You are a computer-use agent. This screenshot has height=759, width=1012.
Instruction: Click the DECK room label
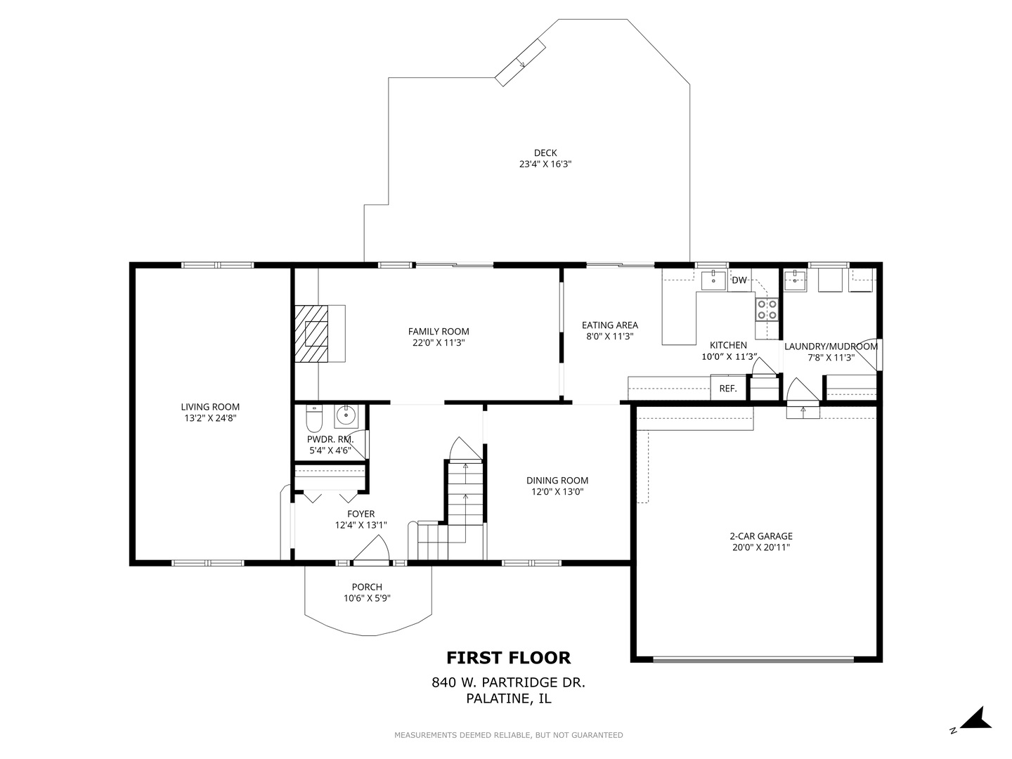(x=545, y=153)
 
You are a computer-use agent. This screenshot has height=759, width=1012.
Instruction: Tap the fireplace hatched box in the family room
(x=311, y=333)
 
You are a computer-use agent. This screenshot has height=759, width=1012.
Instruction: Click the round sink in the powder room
(x=346, y=416)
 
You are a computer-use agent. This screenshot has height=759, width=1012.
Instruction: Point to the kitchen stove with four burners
(x=766, y=309)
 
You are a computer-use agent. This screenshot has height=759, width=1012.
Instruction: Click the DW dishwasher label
(x=739, y=280)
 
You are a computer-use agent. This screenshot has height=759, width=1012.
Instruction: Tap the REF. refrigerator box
(x=727, y=388)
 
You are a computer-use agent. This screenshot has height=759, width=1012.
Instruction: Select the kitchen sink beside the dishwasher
(x=714, y=279)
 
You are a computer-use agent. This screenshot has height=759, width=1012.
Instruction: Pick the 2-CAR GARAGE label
(x=760, y=536)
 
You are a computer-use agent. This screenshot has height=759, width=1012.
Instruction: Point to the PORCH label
(x=367, y=587)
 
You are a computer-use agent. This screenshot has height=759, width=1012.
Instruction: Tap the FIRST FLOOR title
(x=508, y=658)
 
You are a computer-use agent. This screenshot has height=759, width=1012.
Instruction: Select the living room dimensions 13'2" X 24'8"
(x=210, y=418)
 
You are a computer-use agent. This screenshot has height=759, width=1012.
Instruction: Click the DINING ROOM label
(x=557, y=481)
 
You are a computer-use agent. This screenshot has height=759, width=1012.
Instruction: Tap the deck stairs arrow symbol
(x=521, y=62)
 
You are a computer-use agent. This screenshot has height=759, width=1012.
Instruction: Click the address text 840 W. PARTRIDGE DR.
(x=508, y=682)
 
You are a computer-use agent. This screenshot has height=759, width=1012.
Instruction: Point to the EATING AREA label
(x=609, y=325)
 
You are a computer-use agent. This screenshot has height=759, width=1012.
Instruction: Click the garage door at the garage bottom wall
(x=753, y=659)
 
